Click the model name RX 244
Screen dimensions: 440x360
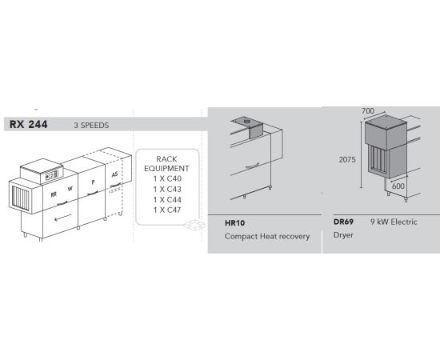(x=28, y=124)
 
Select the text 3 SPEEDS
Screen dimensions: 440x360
(x=91, y=125)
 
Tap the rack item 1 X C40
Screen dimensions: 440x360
(x=167, y=178)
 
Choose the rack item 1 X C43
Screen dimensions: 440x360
(x=167, y=189)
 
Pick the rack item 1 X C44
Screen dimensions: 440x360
(x=167, y=199)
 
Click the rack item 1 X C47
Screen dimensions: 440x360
(x=167, y=210)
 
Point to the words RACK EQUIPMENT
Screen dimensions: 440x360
(x=166, y=163)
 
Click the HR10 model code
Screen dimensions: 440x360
(x=234, y=223)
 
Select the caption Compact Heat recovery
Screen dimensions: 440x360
(x=267, y=236)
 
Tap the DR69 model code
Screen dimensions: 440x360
(x=343, y=222)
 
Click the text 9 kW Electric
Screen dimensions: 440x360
(x=394, y=222)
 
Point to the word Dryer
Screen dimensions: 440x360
(x=343, y=235)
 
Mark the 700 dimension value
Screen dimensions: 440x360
(x=368, y=111)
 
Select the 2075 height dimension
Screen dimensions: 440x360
(x=347, y=159)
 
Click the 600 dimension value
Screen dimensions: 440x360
(x=398, y=186)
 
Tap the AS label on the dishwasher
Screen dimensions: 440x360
(x=114, y=174)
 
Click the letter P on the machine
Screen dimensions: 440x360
(x=93, y=182)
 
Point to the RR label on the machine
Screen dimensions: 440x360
(x=54, y=194)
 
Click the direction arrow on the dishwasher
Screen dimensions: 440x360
(x=63, y=217)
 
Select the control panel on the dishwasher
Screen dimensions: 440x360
(x=52, y=175)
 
